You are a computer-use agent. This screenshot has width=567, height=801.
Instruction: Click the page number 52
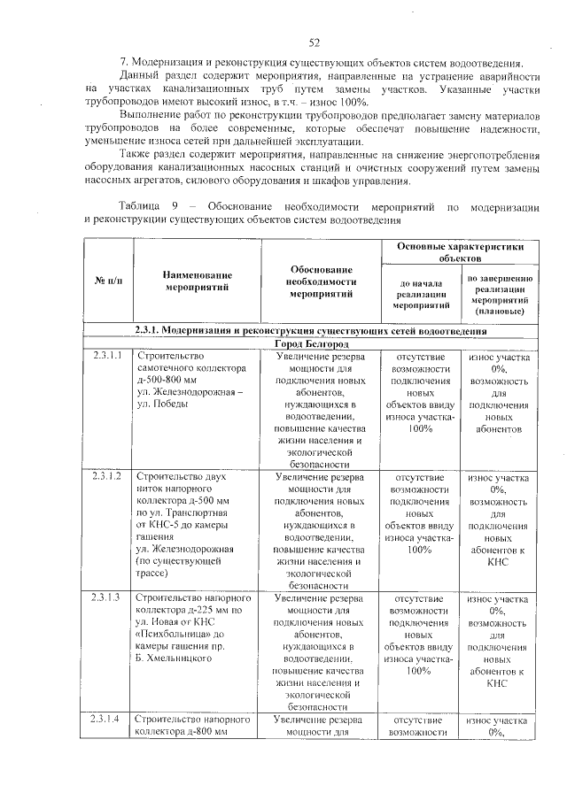tap(314, 42)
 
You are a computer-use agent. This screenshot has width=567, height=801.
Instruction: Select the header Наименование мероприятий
tap(198, 281)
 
